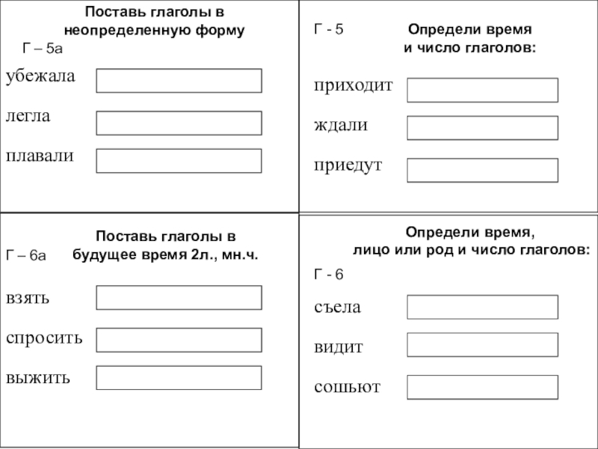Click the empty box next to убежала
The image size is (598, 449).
pyautogui.click(x=179, y=81)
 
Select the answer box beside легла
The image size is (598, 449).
pyautogui.click(x=179, y=123)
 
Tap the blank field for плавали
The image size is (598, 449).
pyautogui.click(x=179, y=160)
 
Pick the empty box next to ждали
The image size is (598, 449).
pyautogui.click(x=482, y=128)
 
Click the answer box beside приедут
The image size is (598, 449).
pyautogui.click(x=482, y=170)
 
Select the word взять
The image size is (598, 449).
pyautogui.click(x=28, y=298)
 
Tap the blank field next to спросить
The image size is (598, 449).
pyautogui.click(x=179, y=340)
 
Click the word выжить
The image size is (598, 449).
pyautogui.click(x=38, y=376)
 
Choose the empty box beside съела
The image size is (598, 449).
pyautogui.click(x=482, y=307)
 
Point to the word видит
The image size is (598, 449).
pyautogui.click(x=338, y=347)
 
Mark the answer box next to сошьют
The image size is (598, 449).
pyautogui.click(x=482, y=387)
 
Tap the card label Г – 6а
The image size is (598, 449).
pyautogui.click(x=26, y=256)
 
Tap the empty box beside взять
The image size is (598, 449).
pyautogui.click(x=179, y=297)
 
